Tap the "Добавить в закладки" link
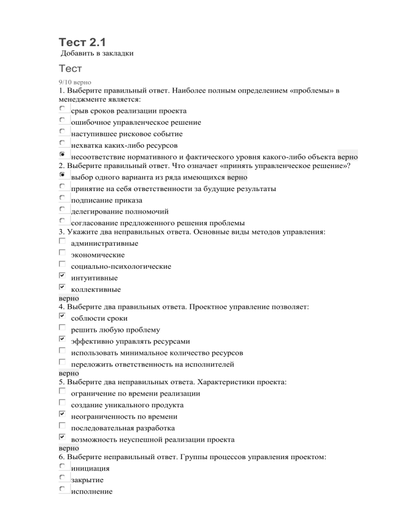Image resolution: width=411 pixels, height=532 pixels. (97, 54)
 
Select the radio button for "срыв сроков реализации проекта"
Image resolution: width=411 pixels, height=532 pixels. (63, 109)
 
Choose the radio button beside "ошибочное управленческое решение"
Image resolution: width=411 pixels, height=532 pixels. (63, 120)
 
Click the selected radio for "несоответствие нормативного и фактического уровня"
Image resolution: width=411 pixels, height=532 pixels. (63, 154)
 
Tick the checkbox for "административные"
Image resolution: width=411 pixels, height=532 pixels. (63, 241)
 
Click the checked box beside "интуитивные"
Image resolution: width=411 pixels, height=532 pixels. (63, 276)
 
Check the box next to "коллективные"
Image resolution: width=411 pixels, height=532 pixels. (63, 287)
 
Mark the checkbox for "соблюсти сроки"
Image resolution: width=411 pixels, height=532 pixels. (63, 316)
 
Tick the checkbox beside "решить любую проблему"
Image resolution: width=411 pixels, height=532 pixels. (63, 328)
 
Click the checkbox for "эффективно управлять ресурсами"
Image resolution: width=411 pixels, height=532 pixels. (63, 339)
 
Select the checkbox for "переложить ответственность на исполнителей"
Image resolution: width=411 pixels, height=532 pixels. (63, 362)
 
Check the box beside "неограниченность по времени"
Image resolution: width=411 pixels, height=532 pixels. (63, 414)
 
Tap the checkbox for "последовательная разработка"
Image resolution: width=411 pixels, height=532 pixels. (63, 426)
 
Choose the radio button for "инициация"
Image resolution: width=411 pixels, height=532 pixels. (63, 466)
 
